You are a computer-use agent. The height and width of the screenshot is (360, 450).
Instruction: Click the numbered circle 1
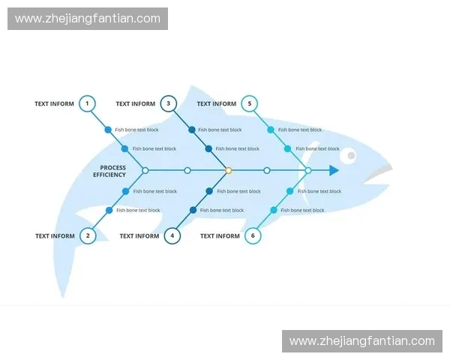[87, 103]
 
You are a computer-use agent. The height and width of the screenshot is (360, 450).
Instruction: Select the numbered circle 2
[88, 235]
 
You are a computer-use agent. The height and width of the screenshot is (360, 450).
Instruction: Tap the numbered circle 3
[168, 103]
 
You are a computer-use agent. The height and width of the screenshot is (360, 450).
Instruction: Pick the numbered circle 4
[172, 235]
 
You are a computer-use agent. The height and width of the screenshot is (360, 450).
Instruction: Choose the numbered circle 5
[250, 103]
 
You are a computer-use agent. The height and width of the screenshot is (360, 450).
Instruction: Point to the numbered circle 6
[253, 235]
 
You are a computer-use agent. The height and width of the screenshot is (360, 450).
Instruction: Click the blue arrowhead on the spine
[334, 171]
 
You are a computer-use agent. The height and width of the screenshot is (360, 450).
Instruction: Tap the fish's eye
[350, 156]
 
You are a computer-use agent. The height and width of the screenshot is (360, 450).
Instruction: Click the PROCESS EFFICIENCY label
[110, 171]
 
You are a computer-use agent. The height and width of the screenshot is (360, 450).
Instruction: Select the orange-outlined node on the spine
[228, 171]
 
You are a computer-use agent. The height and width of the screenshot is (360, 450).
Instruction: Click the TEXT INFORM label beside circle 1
[54, 104]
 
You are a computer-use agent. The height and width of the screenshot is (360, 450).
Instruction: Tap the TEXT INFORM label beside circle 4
[139, 236]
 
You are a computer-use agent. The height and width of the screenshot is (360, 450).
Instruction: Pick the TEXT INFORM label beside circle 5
[216, 104]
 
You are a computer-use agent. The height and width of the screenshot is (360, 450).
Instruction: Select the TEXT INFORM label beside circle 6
[220, 236]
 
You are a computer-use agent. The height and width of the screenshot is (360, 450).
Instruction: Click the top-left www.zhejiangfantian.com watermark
[87, 19]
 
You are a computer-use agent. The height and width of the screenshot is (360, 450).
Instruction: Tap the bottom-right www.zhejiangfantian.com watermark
[361, 341]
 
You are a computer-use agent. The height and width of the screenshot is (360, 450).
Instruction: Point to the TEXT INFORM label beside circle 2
[55, 236]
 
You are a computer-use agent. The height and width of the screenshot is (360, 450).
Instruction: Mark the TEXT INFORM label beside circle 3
[136, 104]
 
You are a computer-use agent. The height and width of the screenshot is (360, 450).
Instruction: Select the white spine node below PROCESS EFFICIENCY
[145, 171]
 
